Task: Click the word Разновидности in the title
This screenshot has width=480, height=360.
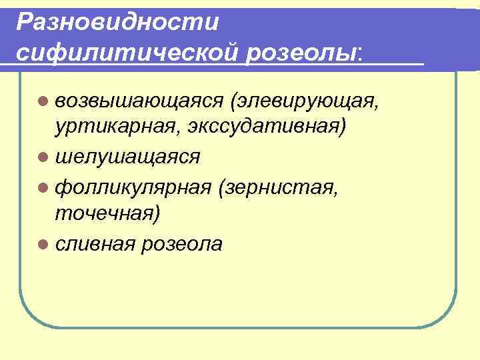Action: pyautogui.click(x=118, y=22)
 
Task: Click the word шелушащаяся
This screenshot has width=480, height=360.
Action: pyautogui.click(x=128, y=157)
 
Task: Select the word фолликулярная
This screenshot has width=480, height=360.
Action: pyautogui.click(x=133, y=189)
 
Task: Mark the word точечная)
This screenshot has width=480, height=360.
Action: pyautogui.click(x=107, y=213)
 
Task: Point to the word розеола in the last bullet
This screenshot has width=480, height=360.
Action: pyautogui.click(x=181, y=244)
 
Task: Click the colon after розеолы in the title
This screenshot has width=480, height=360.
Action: pyautogui.click(x=361, y=52)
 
